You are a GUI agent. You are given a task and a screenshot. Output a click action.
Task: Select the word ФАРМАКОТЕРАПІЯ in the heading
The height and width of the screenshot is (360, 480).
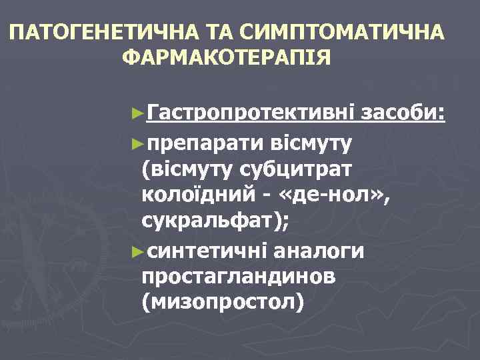227,58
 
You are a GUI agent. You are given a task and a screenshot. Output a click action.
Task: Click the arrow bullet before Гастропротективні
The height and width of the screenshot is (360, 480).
138,114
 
